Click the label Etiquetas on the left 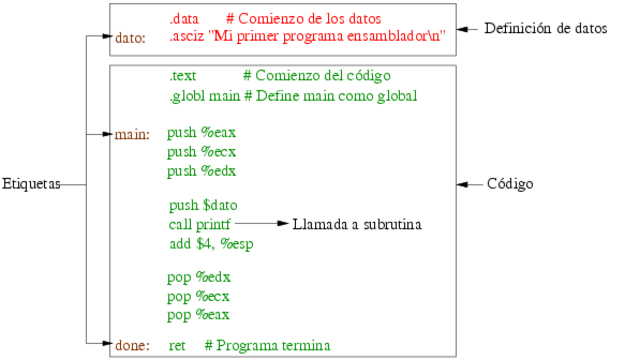pyautogui.click(x=31, y=185)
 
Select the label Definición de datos pyautogui.click(x=545, y=29)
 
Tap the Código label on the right pyautogui.click(x=510, y=185)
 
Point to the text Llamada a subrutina pyautogui.click(x=357, y=224)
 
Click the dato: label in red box pyautogui.click(x=131, y=38)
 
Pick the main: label pyautogui.click(x=133, y=133)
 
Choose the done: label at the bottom pyautogui.click(x=132, y=345)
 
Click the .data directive pyautogui.click(x=186, y=19)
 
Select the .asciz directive pyautogui.click(x=189, y=38)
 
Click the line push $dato pyautogui.click(x=204, y=205)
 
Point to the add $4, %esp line pyautogui.click(x=211, y=243)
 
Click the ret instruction pyautogui.click(x=178, y=345)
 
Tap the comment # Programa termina pyautogui.click(x=267, y=345)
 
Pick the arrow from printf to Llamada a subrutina pyautogui.click(x=261, y=224)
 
